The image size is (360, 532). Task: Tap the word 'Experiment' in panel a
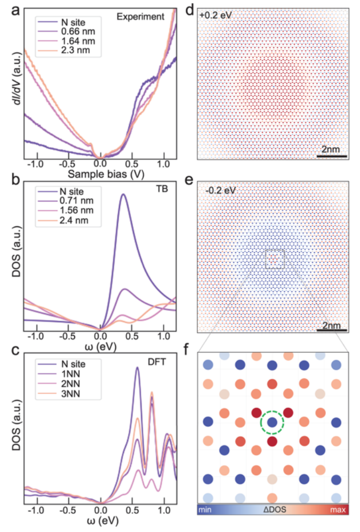pos(141,17)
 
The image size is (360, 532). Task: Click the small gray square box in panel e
pos(275,259)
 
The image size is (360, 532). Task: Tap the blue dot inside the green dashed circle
pos(272,422)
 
